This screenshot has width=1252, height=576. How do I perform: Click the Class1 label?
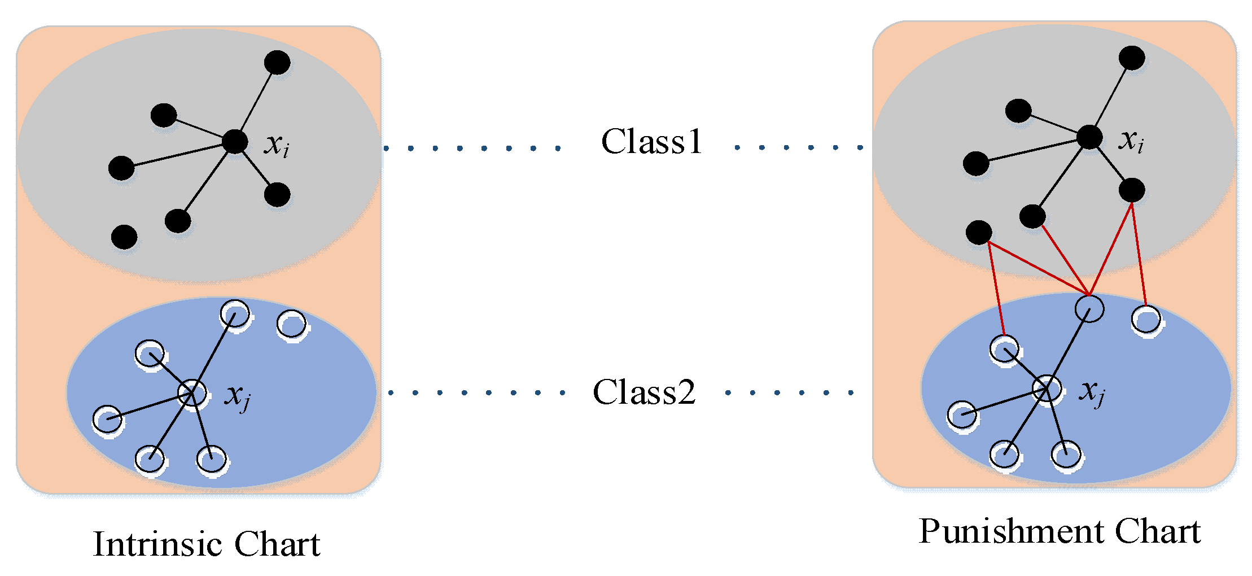(651, 141)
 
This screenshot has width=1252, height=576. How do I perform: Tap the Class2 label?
(644, 392)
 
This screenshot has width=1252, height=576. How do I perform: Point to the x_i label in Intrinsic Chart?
(277, 145)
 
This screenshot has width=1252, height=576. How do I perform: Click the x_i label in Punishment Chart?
(1131, 141)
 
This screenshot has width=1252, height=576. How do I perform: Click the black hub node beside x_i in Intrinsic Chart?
(235, 141)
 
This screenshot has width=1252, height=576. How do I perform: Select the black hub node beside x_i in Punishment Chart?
(1089, 137)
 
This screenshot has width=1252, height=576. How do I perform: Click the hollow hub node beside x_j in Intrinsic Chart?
(192, 392)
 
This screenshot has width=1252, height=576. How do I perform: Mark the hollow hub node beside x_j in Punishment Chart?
(1047, 389)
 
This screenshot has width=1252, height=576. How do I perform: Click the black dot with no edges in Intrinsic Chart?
(124, 237)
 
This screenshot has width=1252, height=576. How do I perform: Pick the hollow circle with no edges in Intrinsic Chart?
(292, 325)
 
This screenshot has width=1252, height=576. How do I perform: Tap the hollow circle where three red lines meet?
(1089, 308)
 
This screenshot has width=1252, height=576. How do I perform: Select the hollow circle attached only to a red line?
(1146, 320)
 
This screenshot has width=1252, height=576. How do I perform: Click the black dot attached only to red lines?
(979, 232)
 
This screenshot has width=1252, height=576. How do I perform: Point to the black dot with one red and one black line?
(1032, 216)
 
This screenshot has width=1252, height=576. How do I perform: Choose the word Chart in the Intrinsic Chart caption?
(277, 544)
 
